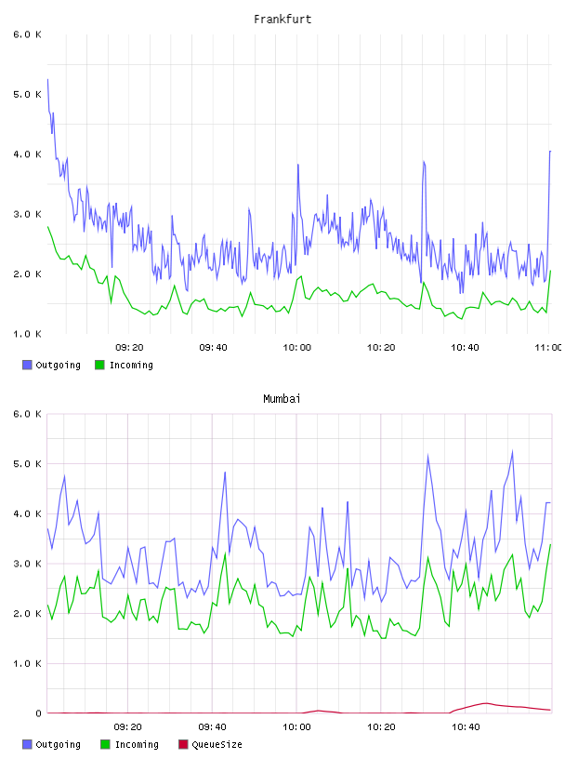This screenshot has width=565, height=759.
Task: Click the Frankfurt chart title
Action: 282,20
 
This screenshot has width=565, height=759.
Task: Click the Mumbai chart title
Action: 282,399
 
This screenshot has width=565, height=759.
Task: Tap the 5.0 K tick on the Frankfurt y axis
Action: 28,94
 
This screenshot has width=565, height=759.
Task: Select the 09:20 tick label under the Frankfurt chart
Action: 129,347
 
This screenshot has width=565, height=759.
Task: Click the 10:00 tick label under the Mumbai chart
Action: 296,726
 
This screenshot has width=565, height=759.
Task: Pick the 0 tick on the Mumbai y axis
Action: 38,713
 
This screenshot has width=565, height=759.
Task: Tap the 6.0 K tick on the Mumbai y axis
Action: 28,414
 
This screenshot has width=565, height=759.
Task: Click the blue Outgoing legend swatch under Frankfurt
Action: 27,365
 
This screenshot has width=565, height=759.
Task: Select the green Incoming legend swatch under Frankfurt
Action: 99,365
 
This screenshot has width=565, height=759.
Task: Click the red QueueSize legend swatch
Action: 183,744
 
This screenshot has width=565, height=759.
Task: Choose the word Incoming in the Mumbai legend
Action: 137,744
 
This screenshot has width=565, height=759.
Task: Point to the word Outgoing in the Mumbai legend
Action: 58,744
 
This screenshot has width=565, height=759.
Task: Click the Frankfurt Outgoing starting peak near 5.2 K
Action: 48,79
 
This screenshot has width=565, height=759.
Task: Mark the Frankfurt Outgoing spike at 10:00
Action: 298,165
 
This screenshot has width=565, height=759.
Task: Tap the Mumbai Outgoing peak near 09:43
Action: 225,472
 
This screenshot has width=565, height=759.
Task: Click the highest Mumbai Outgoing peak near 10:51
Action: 512,451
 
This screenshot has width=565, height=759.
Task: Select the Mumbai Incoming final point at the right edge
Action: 550,544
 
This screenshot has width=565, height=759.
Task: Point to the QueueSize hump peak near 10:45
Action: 486,703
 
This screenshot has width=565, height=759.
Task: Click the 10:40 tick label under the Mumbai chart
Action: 466,726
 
